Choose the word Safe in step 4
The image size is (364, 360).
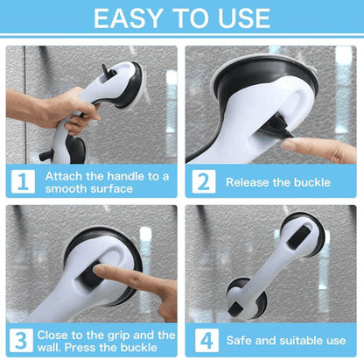(241, 340)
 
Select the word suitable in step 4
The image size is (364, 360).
(300, 340)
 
